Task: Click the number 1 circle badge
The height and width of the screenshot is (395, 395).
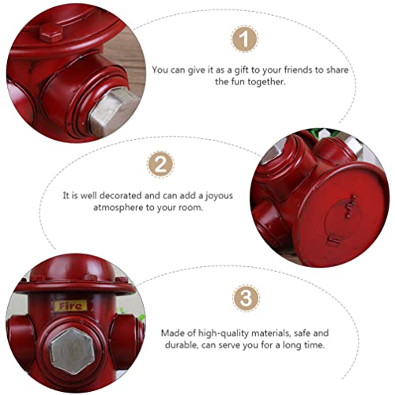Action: click(x=245, y=39)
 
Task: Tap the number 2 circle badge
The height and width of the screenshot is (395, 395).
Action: click(x=160, y=164)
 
